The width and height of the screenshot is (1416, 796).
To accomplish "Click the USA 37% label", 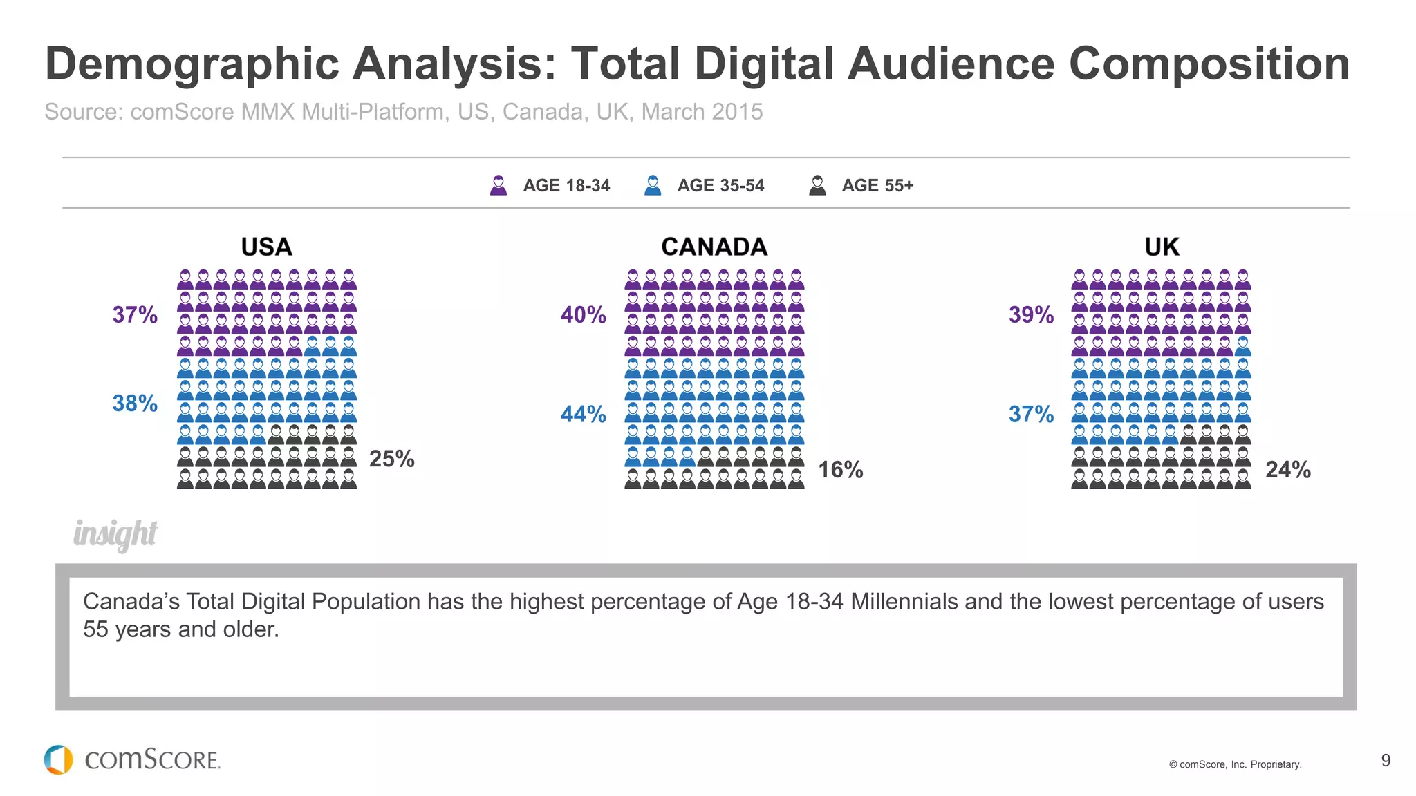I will tap(135, 315).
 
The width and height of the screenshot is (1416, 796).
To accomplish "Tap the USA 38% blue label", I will tap(135, 404).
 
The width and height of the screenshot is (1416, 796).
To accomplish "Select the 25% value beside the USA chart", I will tap(391, 459).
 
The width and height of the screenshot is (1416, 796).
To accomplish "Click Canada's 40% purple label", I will tap(583, 315).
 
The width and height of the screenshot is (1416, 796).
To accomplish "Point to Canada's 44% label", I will tap(583, 415).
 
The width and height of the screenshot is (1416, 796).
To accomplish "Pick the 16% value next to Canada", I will tap(840, 470).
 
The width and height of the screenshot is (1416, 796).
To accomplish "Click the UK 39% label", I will tap(1031, 315).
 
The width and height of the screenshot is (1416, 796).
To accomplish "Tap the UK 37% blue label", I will tap(1031, 415).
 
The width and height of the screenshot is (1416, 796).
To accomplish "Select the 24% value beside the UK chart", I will tap(1287, 470).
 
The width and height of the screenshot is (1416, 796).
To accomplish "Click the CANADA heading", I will tap(714, 247).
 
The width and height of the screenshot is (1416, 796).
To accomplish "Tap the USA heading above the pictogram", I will tap(266, 247).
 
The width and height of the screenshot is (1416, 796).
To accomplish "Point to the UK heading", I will tap(1162, 247).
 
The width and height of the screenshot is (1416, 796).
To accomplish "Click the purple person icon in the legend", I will tap(499, 185).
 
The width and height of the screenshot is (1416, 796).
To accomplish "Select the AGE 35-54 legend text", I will tap(720, 186).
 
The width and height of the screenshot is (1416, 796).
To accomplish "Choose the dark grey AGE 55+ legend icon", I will tap(817, 185).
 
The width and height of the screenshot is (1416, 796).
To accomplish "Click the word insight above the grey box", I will tap(115, 534).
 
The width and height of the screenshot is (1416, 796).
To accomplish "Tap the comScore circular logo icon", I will tap(59, 759).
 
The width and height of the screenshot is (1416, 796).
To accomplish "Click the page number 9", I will tap(1386, 761).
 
